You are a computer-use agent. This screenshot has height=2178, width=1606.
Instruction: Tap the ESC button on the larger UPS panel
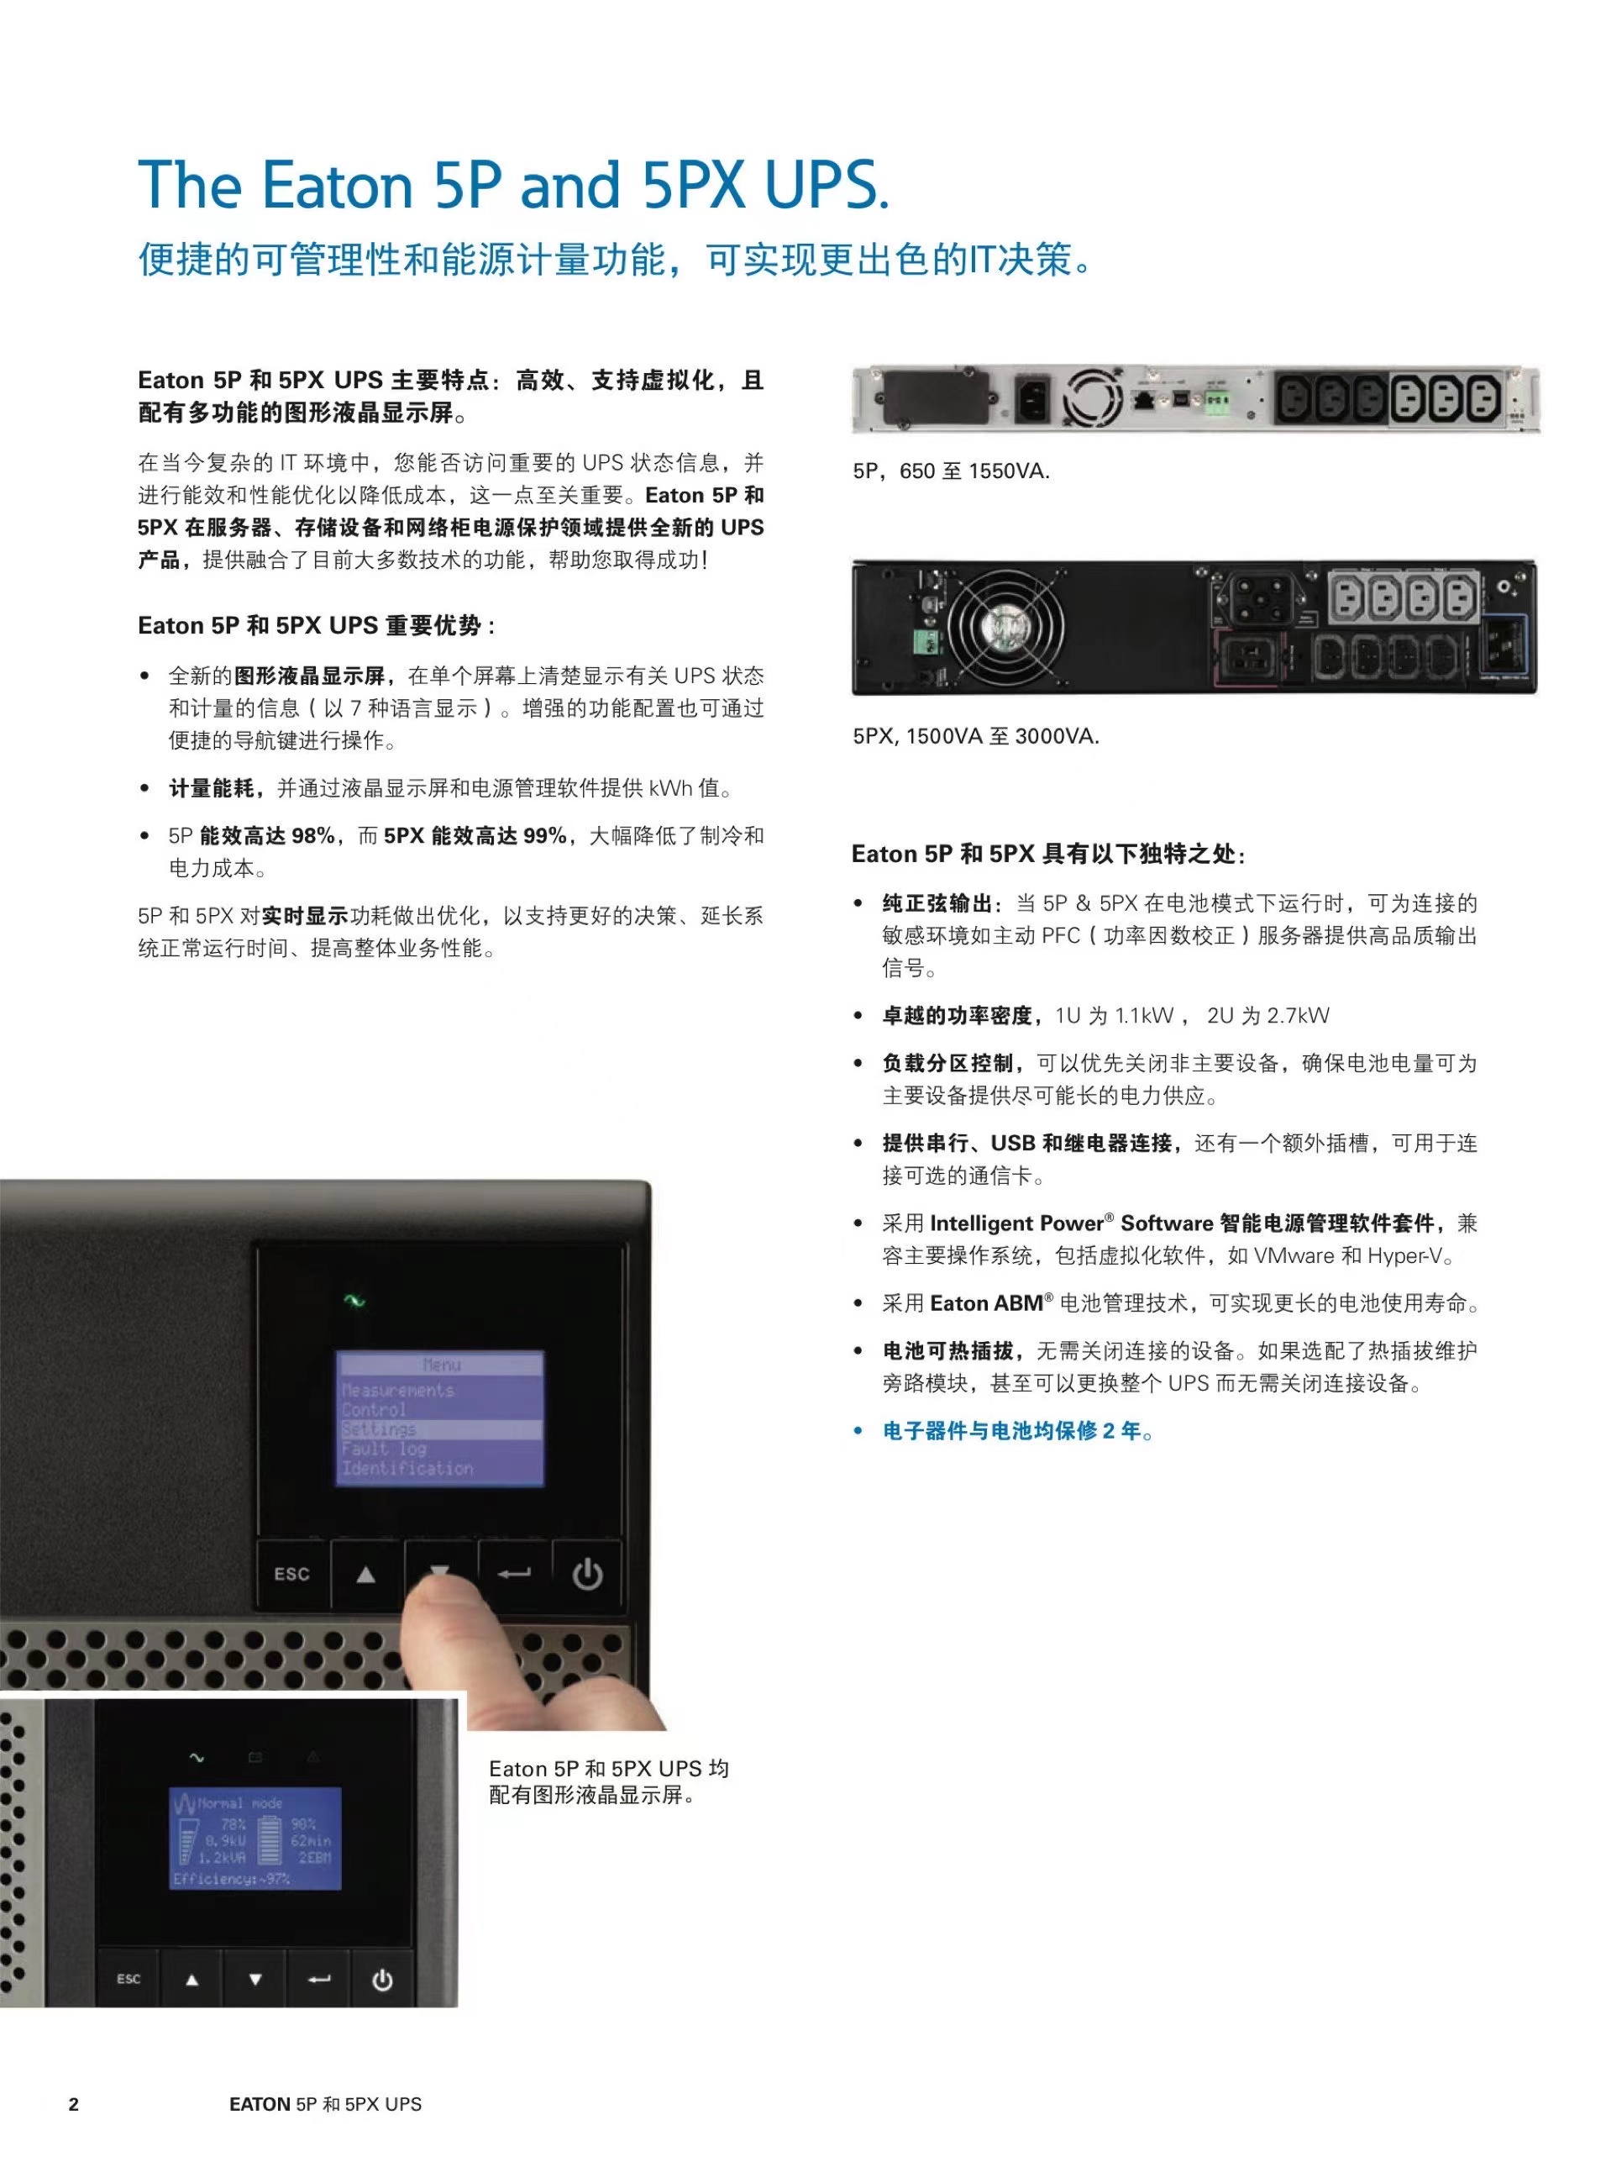[292, 1574]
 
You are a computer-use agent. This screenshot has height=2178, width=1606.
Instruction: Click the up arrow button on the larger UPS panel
[365, 1574]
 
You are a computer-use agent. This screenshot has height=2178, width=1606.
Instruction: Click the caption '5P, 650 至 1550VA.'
[951, 471]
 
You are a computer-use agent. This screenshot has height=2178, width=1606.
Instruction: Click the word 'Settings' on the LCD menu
[379, 1429]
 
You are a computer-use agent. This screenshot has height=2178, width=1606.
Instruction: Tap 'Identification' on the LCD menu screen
[407, 1468]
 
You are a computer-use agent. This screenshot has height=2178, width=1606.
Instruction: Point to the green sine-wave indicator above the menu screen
[354, 1300]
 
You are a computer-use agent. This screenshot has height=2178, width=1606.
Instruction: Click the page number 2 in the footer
[74, 2104]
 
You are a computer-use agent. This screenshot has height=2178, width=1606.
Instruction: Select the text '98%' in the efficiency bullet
[313, 836]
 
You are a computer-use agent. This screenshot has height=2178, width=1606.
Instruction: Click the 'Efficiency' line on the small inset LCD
[231, 1879]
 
